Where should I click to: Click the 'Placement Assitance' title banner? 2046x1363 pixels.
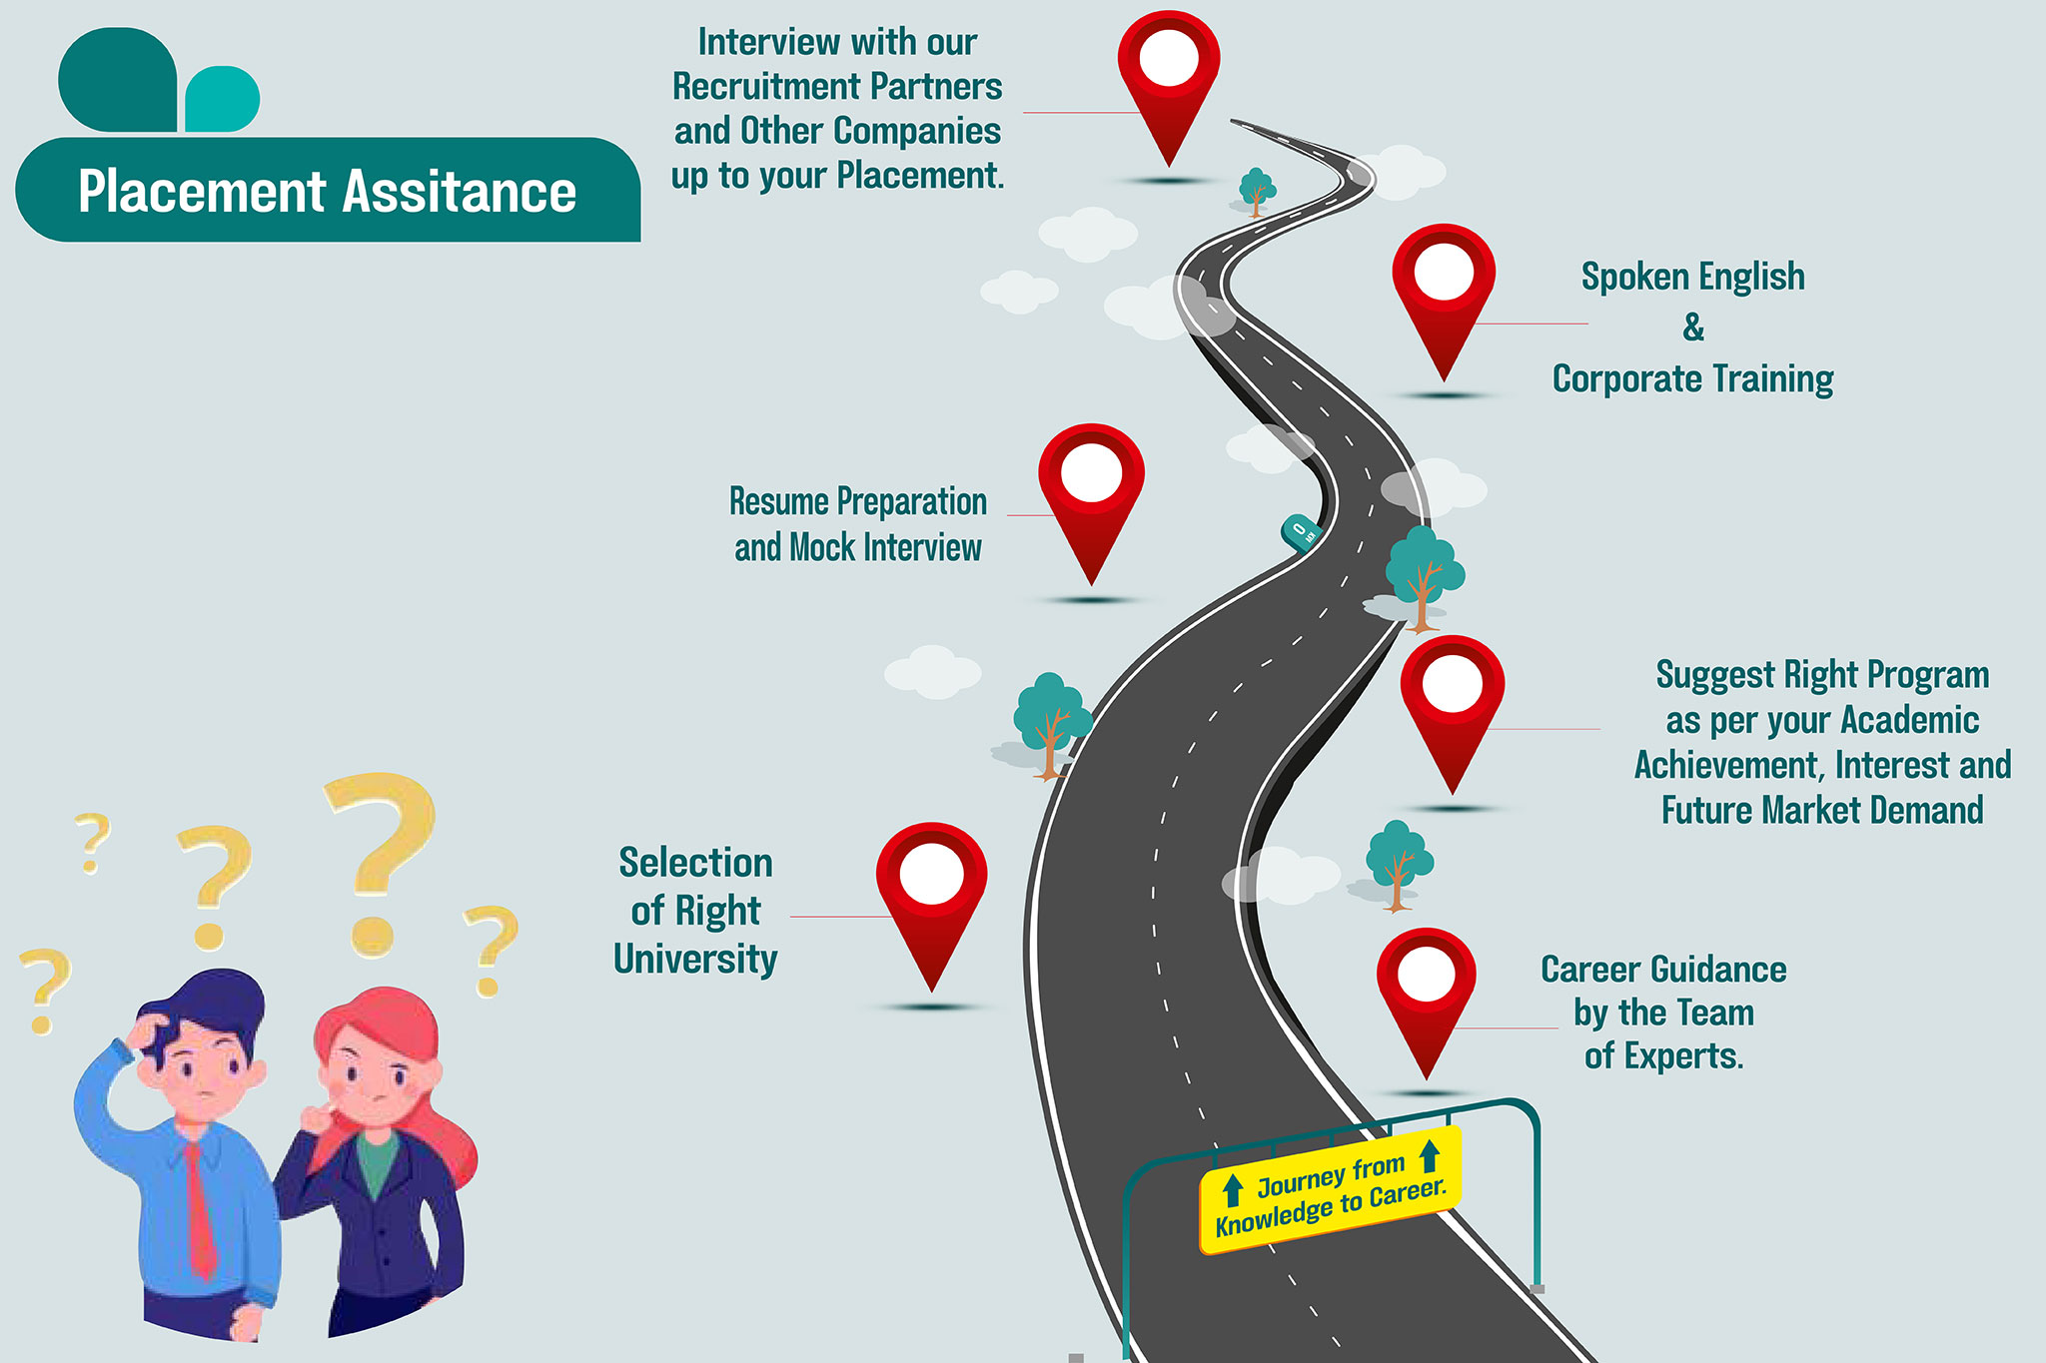(328, 191)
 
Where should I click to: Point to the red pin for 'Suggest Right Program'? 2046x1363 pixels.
(1452, 698)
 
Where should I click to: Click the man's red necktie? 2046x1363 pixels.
(200, 1208)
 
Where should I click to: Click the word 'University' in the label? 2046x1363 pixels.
(695, 959)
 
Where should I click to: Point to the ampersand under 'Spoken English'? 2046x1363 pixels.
(1693, 328)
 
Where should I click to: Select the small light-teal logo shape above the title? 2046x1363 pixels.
(223, 99)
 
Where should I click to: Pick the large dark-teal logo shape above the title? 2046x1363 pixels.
(117, 80)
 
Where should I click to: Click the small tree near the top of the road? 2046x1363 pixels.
(1256, 190)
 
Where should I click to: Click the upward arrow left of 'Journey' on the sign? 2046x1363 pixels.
(1233, 1189)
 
